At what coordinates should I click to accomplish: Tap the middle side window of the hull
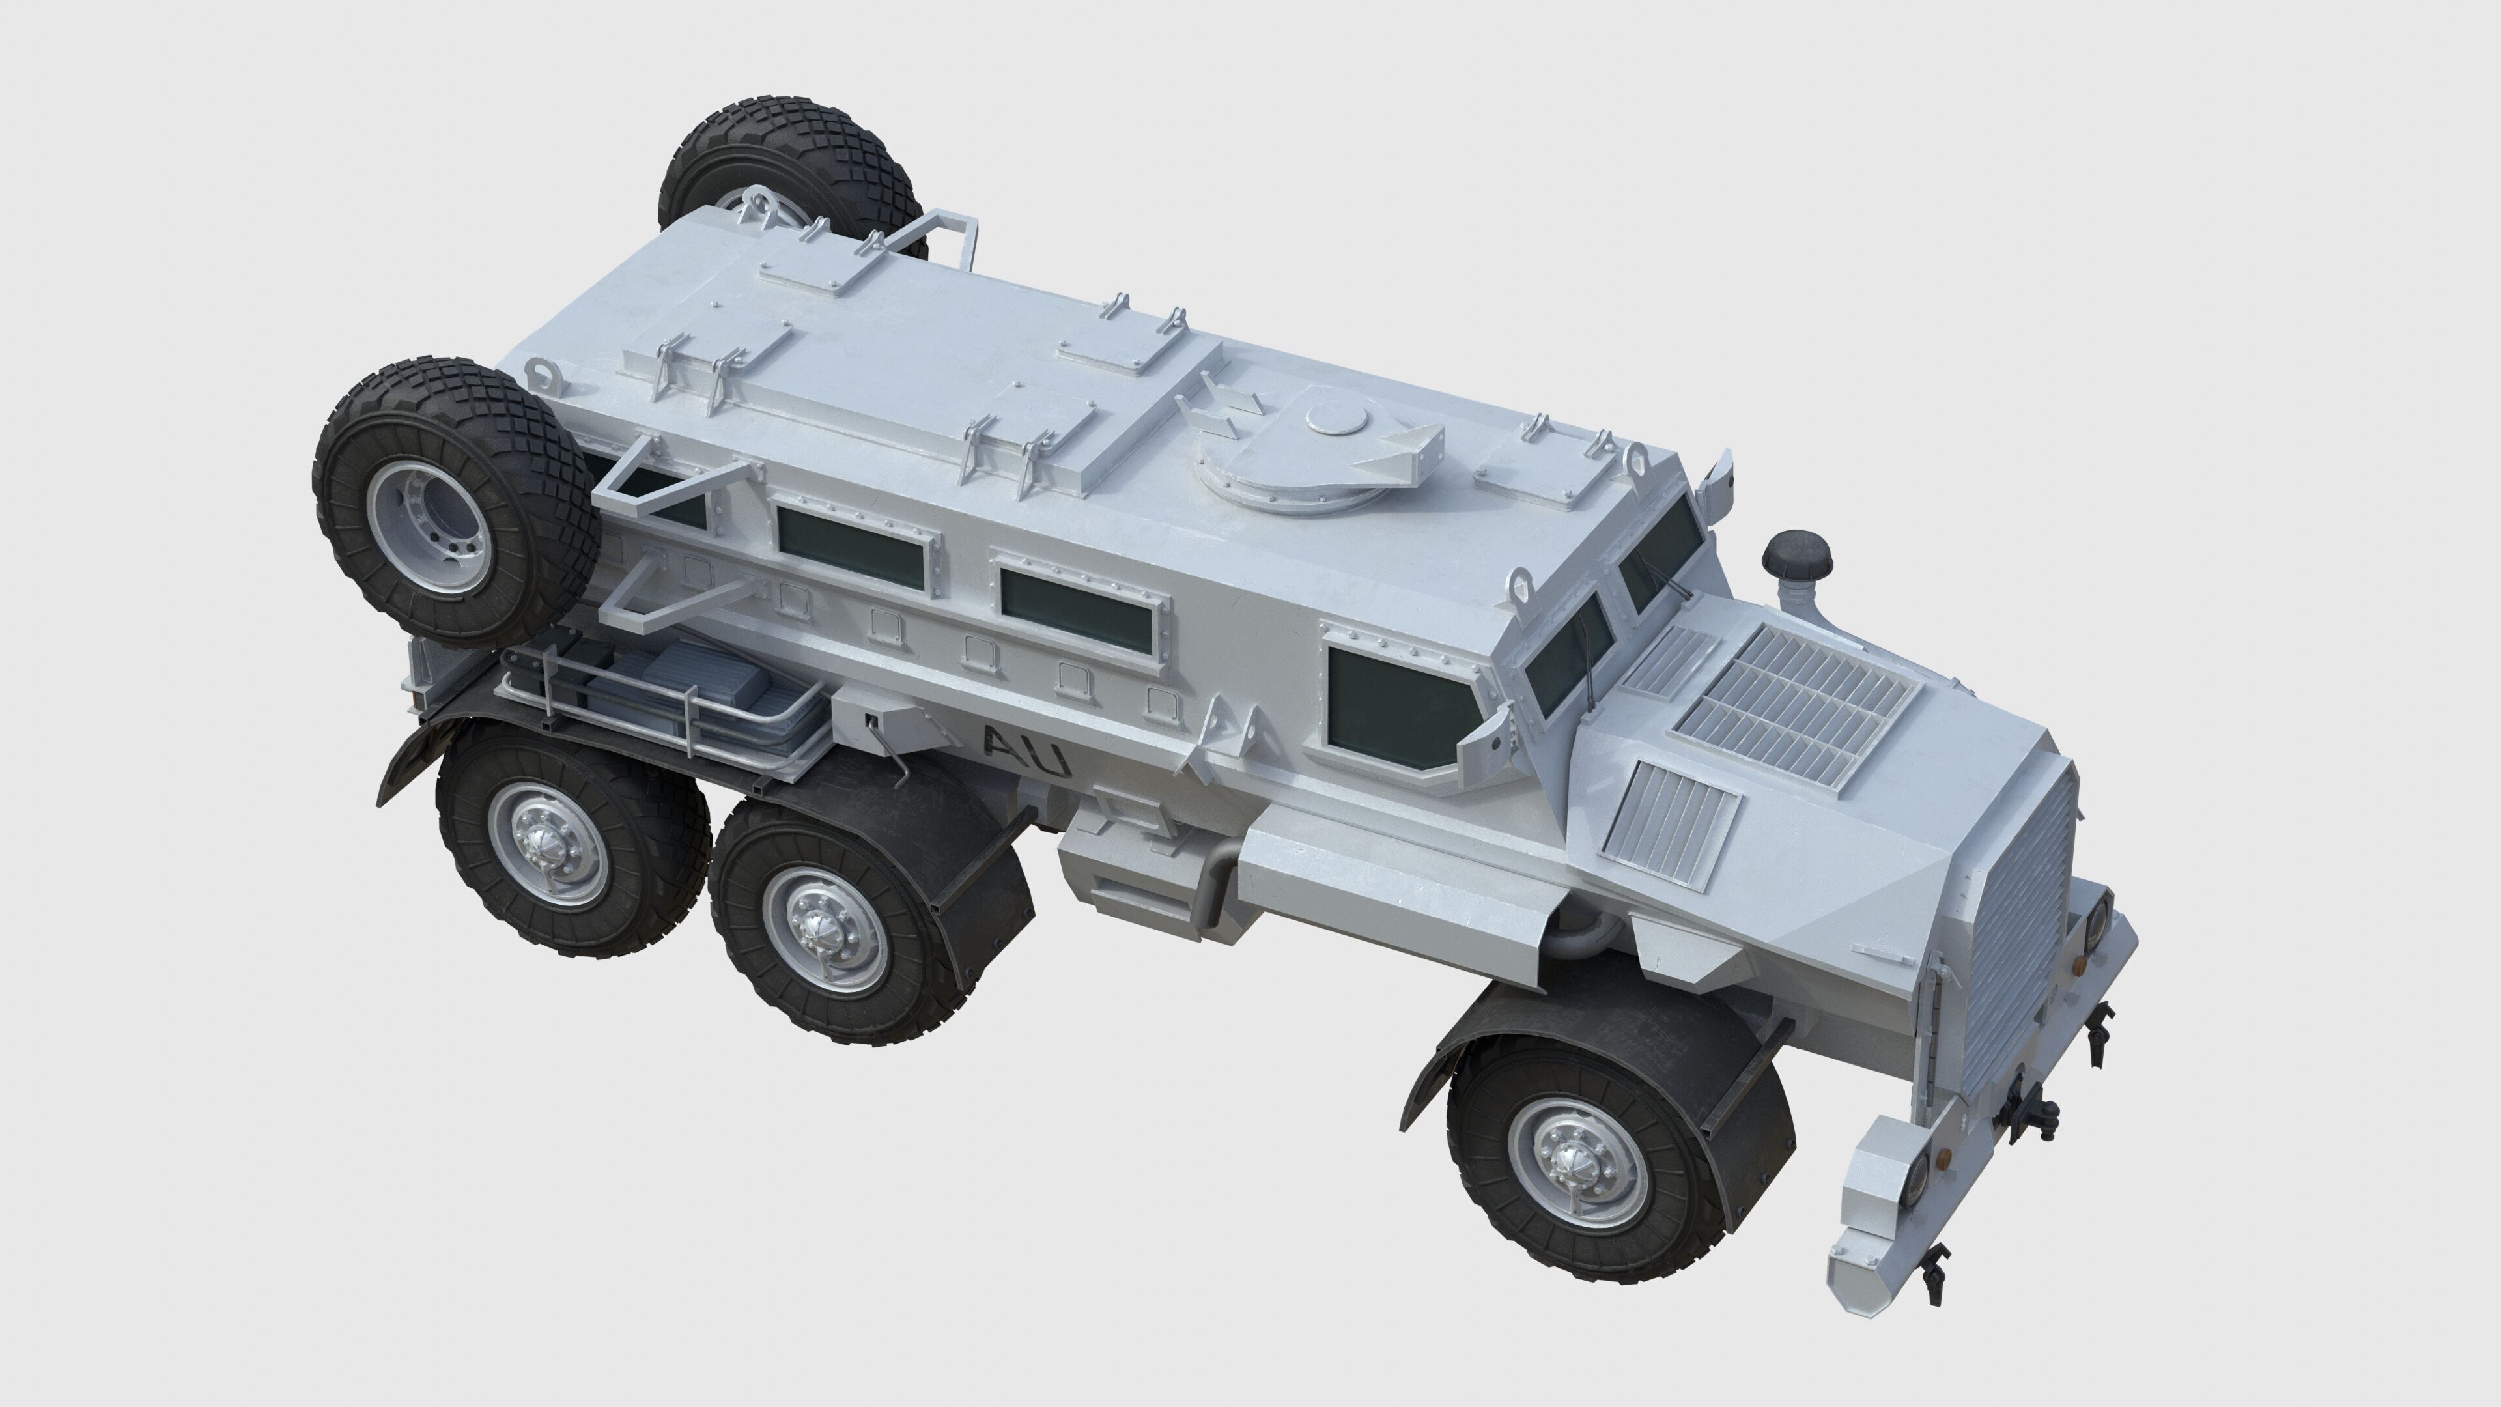click(x=1073, y=610)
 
